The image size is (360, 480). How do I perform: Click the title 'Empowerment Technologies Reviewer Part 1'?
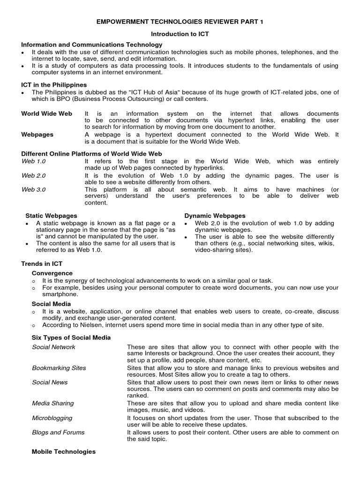[180, 22]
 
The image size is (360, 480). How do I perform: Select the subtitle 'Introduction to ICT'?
[180, 34]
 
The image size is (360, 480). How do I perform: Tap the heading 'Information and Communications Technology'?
[92, 45]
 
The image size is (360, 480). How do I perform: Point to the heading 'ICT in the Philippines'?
[54, 85]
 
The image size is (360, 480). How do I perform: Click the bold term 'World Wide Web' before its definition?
[47, 114]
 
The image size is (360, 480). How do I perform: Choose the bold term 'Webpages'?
[37, 135]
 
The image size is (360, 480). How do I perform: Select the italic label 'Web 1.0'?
[34, 161]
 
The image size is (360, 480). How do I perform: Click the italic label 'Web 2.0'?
[34, 175]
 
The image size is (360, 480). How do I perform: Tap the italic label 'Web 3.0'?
[34, 189]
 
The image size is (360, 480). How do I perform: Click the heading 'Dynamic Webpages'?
[215, 216]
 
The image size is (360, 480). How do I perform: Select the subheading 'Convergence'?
[52, 273]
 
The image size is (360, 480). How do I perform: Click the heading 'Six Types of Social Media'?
[71, 337]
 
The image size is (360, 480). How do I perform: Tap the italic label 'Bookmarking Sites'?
[59, 368]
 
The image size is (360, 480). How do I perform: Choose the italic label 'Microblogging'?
[52, 418]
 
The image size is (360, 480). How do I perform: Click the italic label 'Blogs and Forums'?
[58, 432]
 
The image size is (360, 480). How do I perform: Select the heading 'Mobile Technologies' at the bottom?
[63, 452]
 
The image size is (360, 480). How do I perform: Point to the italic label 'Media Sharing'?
[53, 403]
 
